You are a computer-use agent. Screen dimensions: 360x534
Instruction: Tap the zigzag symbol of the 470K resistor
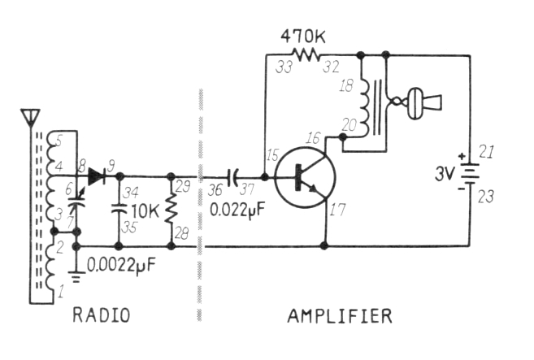point(308,55)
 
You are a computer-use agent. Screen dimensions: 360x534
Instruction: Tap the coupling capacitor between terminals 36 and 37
point(233,175)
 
